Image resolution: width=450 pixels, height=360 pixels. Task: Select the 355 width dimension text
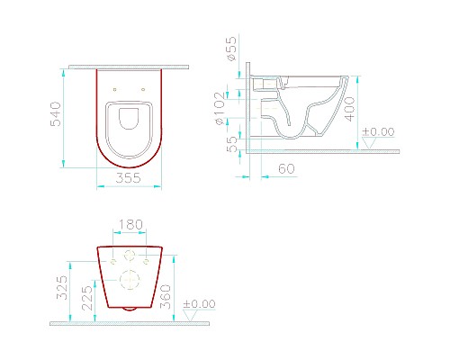click(x=130, y=178)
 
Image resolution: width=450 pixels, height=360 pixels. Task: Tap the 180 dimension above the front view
click(x=131, y=224)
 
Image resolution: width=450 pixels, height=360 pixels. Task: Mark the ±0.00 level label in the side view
click(x=377, y=132)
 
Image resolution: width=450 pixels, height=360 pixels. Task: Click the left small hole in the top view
click(x=114, y=89)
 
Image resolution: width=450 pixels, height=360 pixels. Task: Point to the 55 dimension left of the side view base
click(x=231, y=144)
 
